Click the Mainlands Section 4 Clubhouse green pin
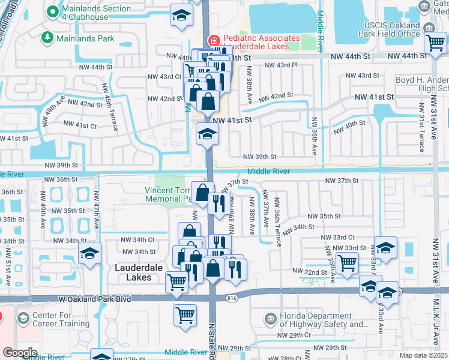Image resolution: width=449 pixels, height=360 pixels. (52, 11)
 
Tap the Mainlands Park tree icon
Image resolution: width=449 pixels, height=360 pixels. (47, 38)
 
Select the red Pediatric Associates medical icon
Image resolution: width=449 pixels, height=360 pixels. (212, 40)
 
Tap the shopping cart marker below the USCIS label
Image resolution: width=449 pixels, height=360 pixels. (435, 44)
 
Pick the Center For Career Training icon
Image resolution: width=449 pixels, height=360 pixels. (23, 317)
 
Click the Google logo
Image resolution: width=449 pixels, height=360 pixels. (20, 352)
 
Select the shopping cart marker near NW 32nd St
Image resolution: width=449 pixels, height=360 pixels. (347, 263)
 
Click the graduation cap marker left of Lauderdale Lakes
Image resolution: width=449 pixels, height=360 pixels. (89, 254)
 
